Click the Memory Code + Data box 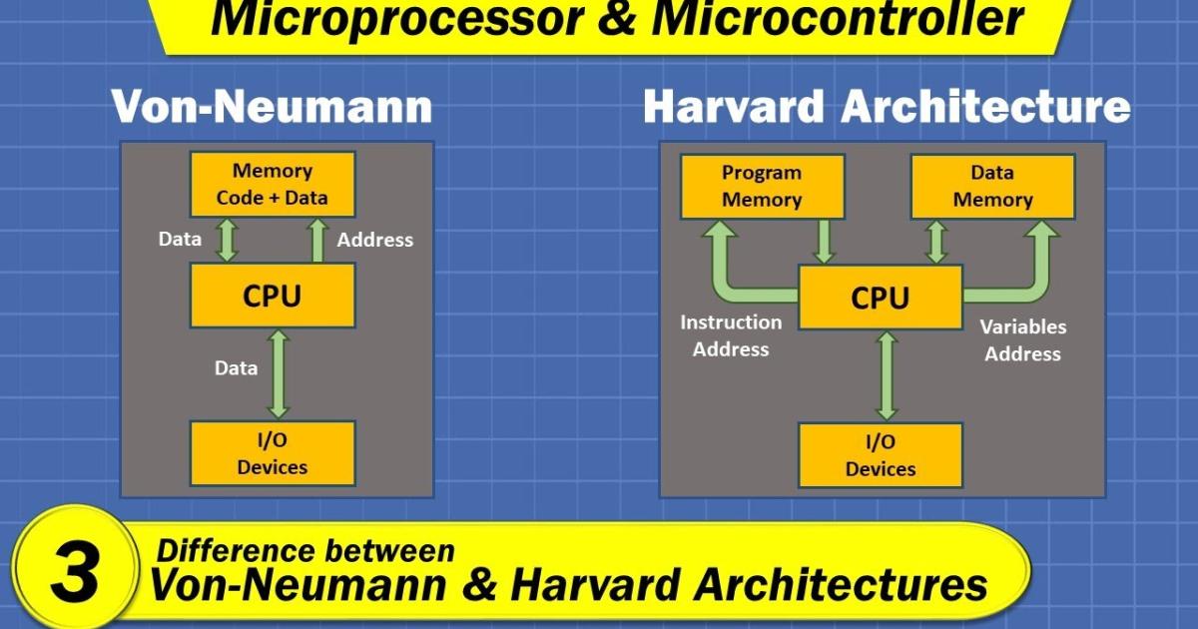tap(272, 185)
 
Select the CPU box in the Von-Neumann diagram tap(272, 296)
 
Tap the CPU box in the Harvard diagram tap(880, 298)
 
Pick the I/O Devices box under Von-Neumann tap(272, 454)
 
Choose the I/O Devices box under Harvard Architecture tap(880, 455)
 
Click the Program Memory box tap(762, 187)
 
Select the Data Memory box tap(991, 187)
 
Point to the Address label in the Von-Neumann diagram tap(374, 240)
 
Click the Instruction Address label tap(731, 335)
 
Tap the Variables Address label tap(1022, 340)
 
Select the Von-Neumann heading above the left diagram tap(272, 107)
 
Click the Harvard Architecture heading tap(887, 107)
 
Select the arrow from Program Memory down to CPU tap(825, 242)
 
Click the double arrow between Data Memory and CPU tap(936, 242)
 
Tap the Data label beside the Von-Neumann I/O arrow tap(236, 367)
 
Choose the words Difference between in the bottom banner tap(305, 550)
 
